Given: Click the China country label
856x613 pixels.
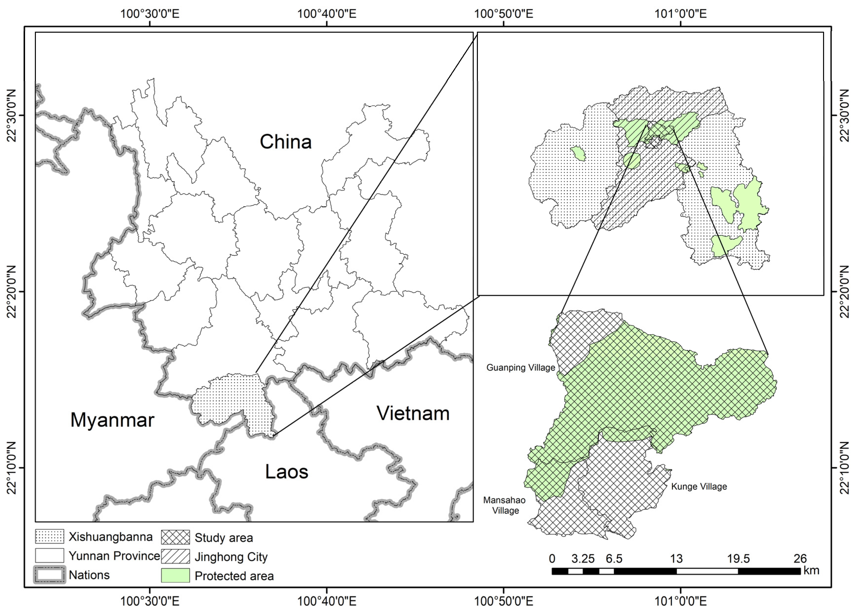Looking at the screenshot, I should [286, 142].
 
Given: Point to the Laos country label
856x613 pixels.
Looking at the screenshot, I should [287, 472].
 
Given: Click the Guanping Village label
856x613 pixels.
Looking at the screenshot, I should [520, 368].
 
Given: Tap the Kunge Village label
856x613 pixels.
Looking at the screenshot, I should [699, 486].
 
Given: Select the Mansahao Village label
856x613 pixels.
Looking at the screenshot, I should [505, 505].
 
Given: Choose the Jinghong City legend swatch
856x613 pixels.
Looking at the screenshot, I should [175, 556].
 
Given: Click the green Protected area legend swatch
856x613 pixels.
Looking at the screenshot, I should [175, 576].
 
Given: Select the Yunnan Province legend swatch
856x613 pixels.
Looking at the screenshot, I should [49, 556].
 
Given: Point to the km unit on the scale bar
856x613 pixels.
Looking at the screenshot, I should [811, 570].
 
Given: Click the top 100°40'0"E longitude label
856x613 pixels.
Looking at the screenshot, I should [327, 14].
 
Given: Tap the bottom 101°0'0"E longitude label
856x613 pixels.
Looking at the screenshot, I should [681, 601].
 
